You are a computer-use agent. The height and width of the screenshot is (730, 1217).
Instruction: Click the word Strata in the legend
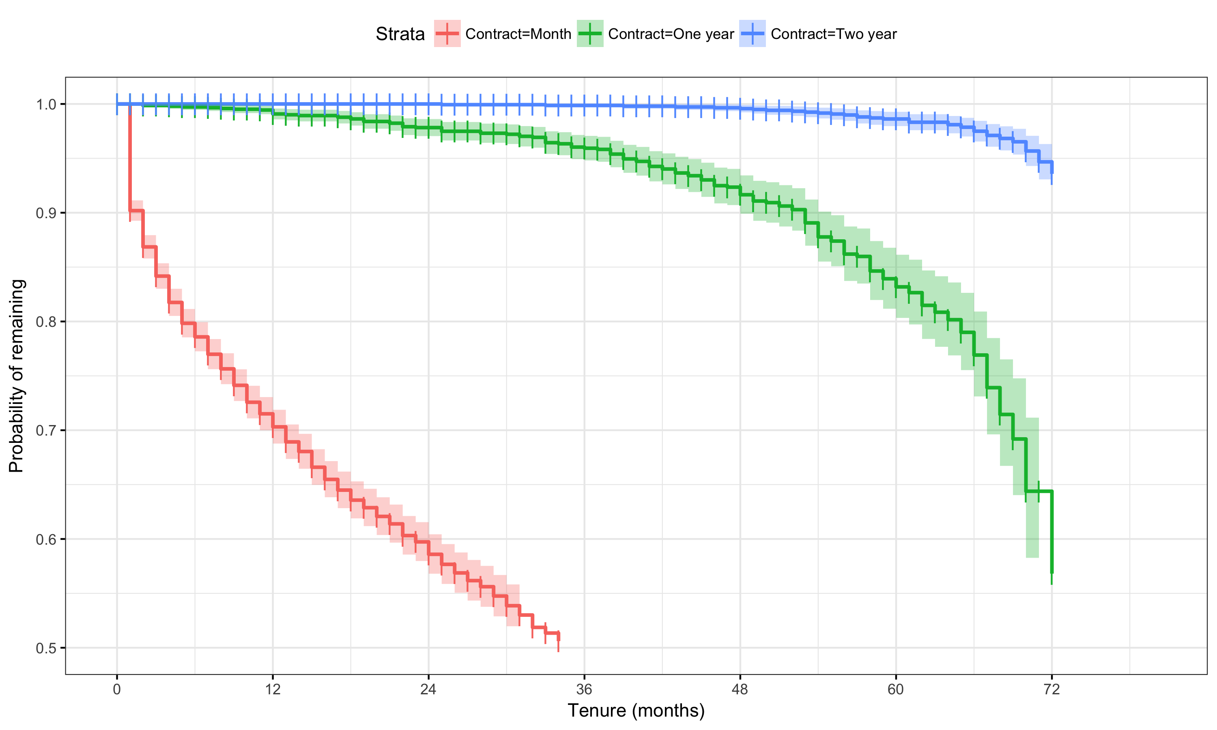400,34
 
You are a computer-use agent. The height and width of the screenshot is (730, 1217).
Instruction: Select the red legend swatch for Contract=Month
447,33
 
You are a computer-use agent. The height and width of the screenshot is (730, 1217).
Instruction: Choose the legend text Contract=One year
671,34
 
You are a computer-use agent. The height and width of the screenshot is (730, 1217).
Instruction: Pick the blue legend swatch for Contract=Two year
752,33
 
